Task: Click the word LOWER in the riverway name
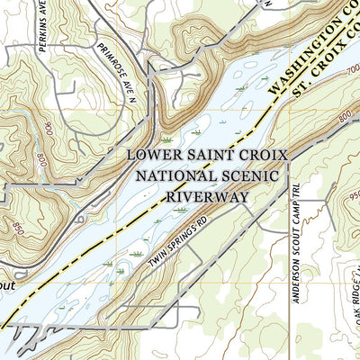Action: tap(155, 155)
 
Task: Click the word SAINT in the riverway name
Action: tap(211, 155)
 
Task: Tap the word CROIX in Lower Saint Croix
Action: tap(262, 155)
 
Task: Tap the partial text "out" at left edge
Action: tap(8, 281)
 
